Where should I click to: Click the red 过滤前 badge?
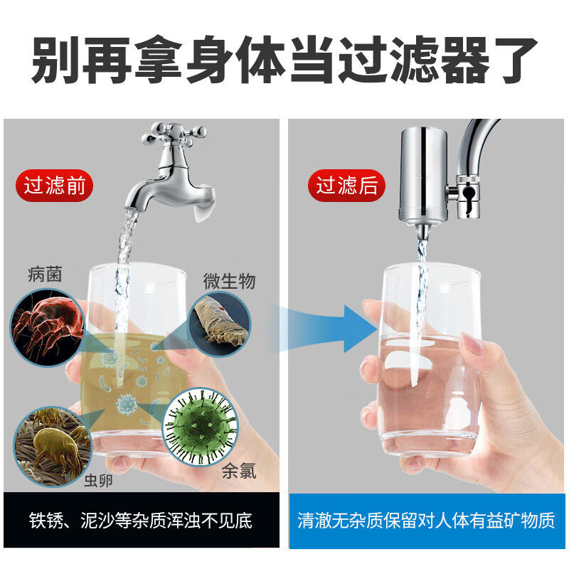pos(54,186)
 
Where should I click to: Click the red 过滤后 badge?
pos(346,186)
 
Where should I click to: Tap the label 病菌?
pos(45,274)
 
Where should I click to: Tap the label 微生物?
pos(229,281)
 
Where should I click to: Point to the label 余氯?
pos(239,471)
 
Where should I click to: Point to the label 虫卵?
pos(98,481)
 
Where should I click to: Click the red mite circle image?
pos(47,327)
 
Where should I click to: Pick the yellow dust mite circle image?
pos(53,447)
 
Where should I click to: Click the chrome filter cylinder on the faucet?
pos(423,175)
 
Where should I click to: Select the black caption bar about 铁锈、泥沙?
pos(142,520)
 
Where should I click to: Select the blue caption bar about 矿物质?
pos(427,521)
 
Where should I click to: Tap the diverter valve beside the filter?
pos(467,197)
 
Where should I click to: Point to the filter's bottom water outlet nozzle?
pos(422,231)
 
